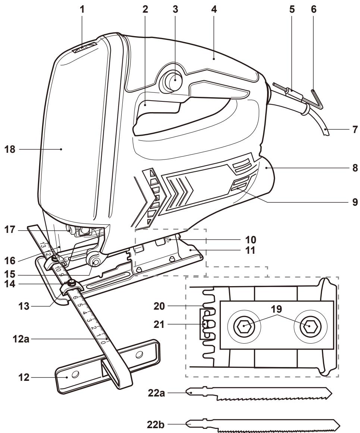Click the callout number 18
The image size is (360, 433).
[10, 149]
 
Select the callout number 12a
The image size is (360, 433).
[21, 339]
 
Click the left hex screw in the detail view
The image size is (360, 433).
[243, 326]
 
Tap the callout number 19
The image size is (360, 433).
[276, 309]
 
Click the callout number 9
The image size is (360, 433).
[355, 202]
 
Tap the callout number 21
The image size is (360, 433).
[159, 325]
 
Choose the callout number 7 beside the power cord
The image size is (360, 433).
[355, 130]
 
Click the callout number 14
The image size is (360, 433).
[10, 284]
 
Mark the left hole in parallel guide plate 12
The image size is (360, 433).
[74, 374]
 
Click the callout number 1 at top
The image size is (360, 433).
[82, 9]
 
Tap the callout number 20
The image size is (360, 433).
[159, 306]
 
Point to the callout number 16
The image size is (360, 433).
[10, 260]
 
